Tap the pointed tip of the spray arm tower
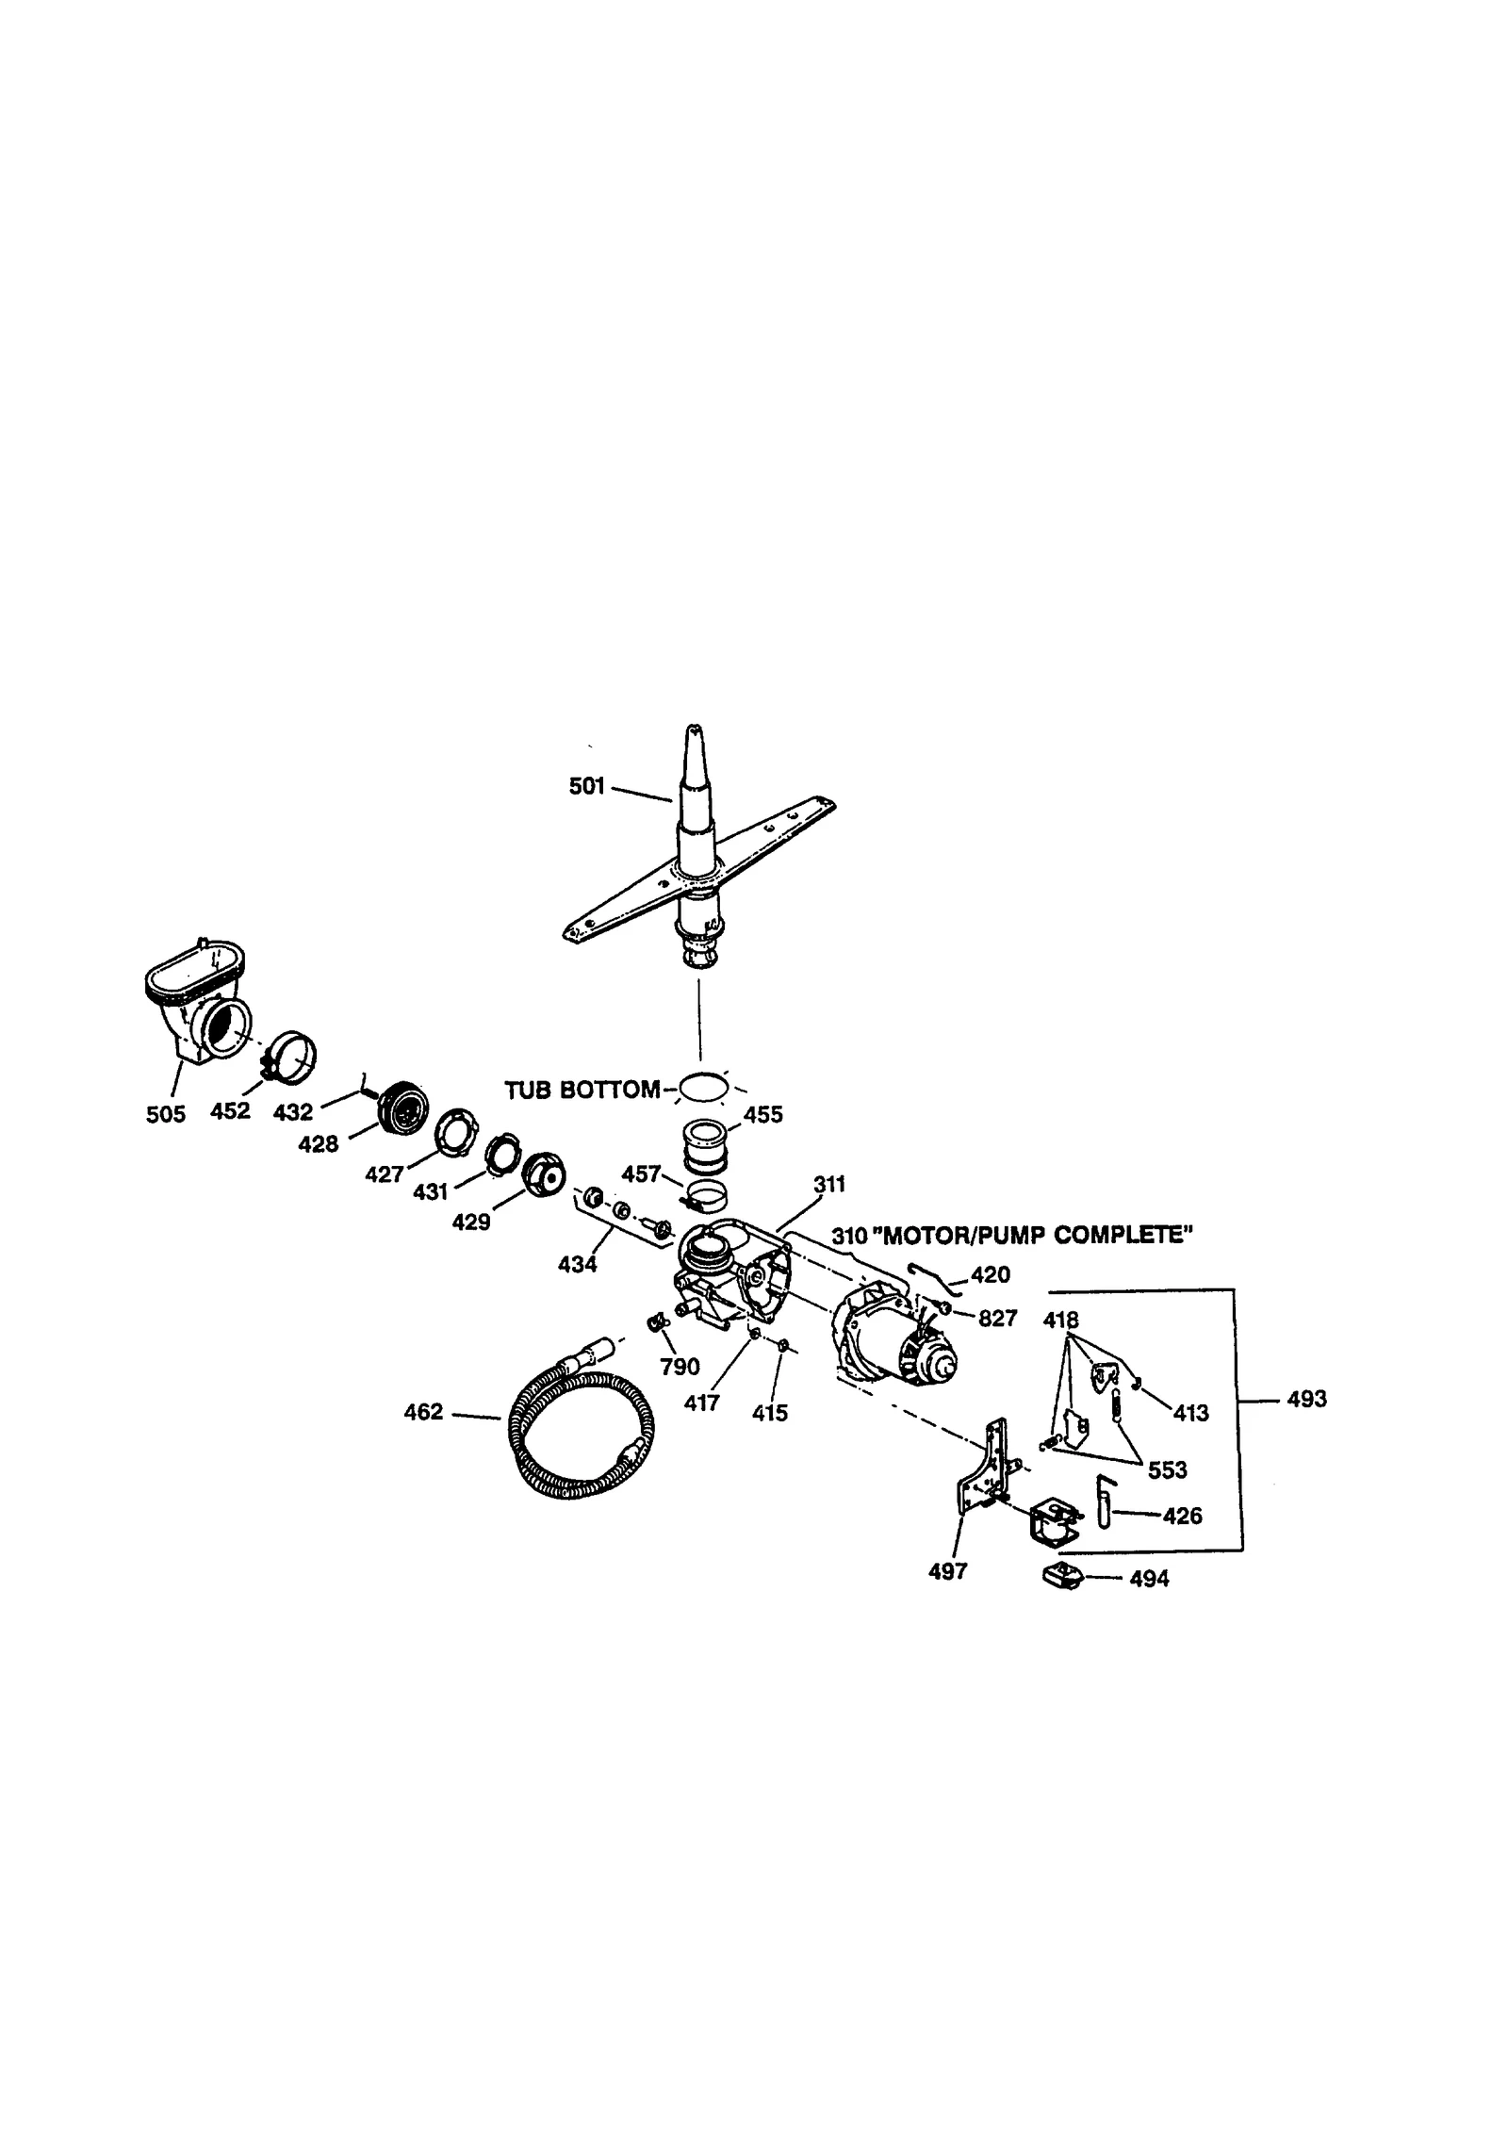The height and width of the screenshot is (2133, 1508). click(693, 730)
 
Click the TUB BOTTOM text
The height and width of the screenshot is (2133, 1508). click(582, 1091)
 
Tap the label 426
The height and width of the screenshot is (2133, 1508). click(1182, 1516)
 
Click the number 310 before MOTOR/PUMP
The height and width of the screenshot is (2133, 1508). click(848, 1236)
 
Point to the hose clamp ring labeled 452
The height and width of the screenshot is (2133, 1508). click(289, 1058)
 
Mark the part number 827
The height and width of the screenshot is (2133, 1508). click(997, 1319)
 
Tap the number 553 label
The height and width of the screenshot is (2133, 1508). click(1167, 1469)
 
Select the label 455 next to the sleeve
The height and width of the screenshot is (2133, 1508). click(762, 1115)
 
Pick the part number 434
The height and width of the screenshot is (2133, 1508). click(577, 1265)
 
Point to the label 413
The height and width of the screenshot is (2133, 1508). click(1190, 1413)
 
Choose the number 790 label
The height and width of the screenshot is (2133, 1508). click(680, 1367)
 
